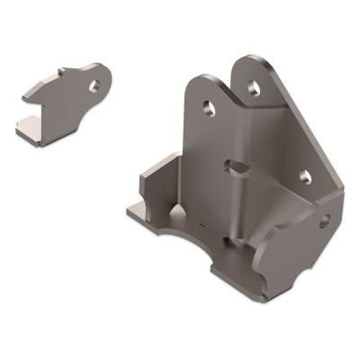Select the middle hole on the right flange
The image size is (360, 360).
[x=303, y=176]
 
